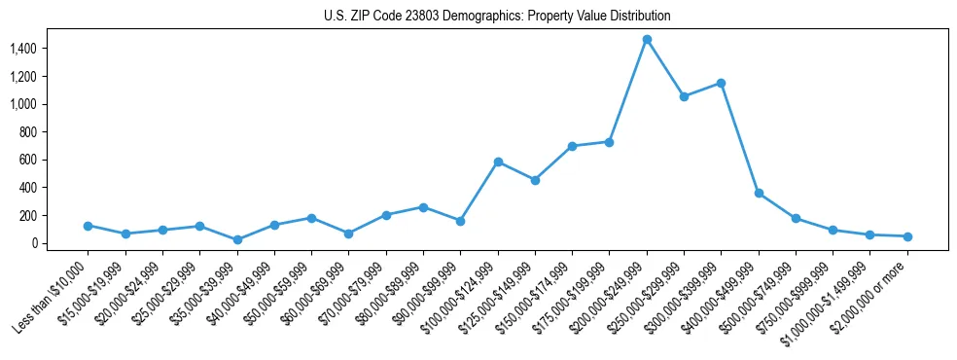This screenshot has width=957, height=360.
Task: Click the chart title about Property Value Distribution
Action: click(497, 17)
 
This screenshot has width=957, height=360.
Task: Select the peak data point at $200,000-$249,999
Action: click(647, 39)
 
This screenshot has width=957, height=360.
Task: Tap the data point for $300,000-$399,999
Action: click(721, 83)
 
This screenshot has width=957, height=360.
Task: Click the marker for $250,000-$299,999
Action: click(684, 96)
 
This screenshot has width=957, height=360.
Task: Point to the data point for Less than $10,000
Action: click(88, 226)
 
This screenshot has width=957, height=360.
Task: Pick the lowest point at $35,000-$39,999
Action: click(237, 239)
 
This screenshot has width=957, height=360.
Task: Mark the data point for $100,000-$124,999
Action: click(498, 162)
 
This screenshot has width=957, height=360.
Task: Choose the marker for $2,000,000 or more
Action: click(907, 236)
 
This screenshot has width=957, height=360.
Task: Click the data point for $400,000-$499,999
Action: click(759, 193)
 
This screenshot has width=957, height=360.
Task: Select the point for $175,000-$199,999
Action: click(609, 142)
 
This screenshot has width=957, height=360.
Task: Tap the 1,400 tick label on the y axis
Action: click(22, 49)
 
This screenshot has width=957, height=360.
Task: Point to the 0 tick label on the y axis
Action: click(33, 243)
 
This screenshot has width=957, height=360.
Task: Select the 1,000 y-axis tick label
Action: click(22, 104)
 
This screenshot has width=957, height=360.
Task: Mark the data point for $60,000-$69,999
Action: click(348, 234)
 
